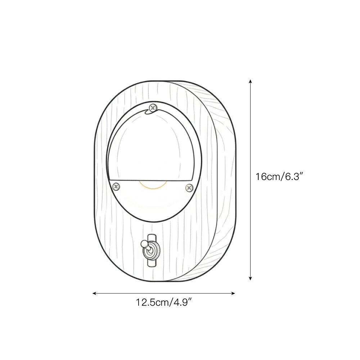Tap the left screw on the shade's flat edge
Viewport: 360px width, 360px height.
(116, 186)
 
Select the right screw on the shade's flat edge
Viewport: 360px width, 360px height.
(189, 187)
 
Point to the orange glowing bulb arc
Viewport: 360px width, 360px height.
(154, 186)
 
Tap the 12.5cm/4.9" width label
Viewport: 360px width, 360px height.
(163, 302)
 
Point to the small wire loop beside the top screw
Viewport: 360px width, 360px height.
(148, 112)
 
